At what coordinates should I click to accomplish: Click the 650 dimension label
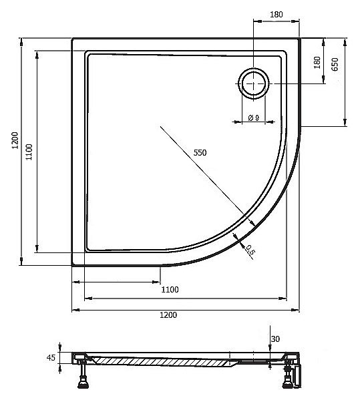[x=335, y=64]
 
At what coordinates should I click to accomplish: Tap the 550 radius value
[x=200, y=152]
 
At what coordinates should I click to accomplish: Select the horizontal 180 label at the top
[x=277, y=15]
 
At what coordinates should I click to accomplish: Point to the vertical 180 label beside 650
[x=317, y=63]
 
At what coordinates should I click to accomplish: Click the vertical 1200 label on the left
[x=15, y=140]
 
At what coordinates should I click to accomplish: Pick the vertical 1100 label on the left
[x=29, y=152]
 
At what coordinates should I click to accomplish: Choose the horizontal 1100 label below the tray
[x=170, y=290]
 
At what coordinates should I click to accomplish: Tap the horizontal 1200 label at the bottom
[x=168, y=315]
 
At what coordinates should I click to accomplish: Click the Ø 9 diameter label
[x=254, y=118]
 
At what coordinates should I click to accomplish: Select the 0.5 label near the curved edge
[x=250, y=250]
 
